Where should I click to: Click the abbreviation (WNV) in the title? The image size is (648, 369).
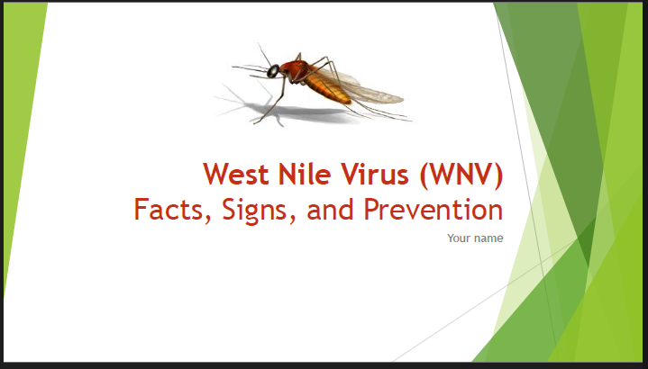click(461, 173)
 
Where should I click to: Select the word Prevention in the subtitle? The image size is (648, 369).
click(433, 210)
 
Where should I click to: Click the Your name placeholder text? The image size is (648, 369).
click(475, 238)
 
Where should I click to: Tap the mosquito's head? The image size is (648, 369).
click(273, 69)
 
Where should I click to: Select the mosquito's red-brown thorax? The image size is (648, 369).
click(292, 68)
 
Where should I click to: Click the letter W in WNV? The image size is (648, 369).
click(439, 173)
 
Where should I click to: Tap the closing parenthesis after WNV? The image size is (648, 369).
click(497, 174)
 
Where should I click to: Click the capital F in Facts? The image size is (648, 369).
click(141, 210)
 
